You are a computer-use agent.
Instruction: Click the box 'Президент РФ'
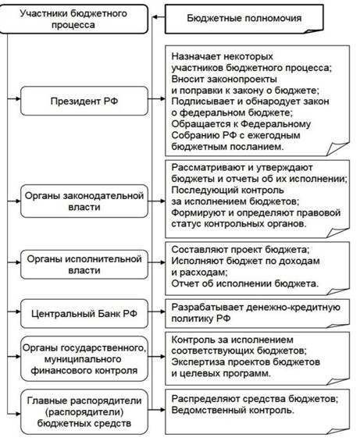click(84, 101)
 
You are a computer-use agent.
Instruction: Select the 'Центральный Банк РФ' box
click(84, 313)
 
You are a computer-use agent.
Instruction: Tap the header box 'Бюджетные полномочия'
click(244, 19)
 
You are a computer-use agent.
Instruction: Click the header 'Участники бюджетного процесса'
click(73, 19)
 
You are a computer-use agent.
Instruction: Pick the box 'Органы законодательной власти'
click(84, 201)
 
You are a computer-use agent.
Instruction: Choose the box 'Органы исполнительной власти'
click(84, 264)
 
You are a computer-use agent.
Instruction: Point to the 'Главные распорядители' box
click(84, 411)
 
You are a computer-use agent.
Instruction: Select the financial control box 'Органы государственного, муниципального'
click(84, 359)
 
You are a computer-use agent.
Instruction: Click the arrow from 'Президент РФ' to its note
click(156, 98)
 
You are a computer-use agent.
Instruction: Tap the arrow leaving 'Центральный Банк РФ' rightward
click(156, 312)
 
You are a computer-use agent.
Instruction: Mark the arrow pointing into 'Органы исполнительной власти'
click(14, 262)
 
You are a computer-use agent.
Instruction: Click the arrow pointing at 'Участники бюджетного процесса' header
click(159, 17)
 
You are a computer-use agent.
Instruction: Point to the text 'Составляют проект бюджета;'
click(241, 249)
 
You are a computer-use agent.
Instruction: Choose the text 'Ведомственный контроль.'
click(233, 410)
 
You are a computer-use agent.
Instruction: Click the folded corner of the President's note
click(338, 149)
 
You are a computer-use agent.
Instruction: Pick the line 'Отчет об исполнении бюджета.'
click(245, 283)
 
